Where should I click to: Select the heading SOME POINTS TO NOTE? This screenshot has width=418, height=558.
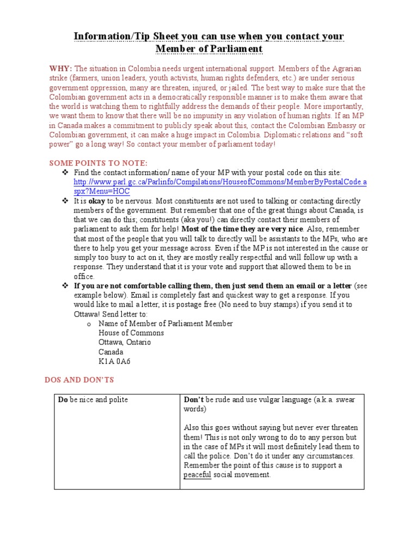tap(98, 163)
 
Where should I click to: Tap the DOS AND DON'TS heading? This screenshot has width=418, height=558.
tap(79, 379)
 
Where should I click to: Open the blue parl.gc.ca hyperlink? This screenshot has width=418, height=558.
tap(220, 182)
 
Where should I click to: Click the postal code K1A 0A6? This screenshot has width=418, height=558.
tap(114, 361)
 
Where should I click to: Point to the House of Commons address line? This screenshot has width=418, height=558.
tap(131, 332)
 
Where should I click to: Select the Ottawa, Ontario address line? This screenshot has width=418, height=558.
tap(125, 342)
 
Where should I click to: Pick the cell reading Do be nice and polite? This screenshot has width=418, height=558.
tap(93, 399)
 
